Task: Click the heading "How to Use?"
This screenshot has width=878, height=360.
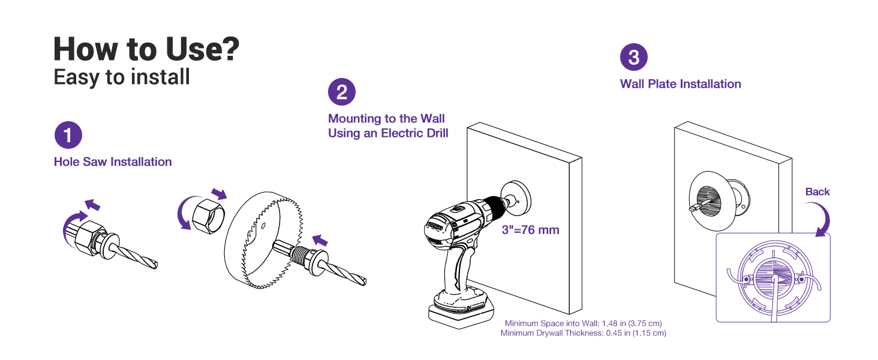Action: click(x=146, y=49)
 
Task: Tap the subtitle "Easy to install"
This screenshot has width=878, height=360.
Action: click(x=122, y=77)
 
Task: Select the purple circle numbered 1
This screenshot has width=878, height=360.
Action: click(x=68, y=135)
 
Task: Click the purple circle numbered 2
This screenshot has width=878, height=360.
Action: click(x=342, y=92)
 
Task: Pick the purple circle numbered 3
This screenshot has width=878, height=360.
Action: click(x=633, y=58)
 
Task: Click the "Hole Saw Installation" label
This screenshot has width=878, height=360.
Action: click(x=113, y=161)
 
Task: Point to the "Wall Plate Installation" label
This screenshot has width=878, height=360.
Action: click(x=680, y=84)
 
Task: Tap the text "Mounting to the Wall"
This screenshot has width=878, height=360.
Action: click(x=386, y=119)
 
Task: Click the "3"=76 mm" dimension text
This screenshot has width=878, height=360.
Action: click(x=530, y=230)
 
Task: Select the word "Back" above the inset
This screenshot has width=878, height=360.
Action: click(x=817, y=192)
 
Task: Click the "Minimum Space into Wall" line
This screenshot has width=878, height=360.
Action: click(x=583, y=323)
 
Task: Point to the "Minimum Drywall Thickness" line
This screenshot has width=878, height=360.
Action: click(x=583, y=332)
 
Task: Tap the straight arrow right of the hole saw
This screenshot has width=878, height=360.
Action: click(x=321, y=241)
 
